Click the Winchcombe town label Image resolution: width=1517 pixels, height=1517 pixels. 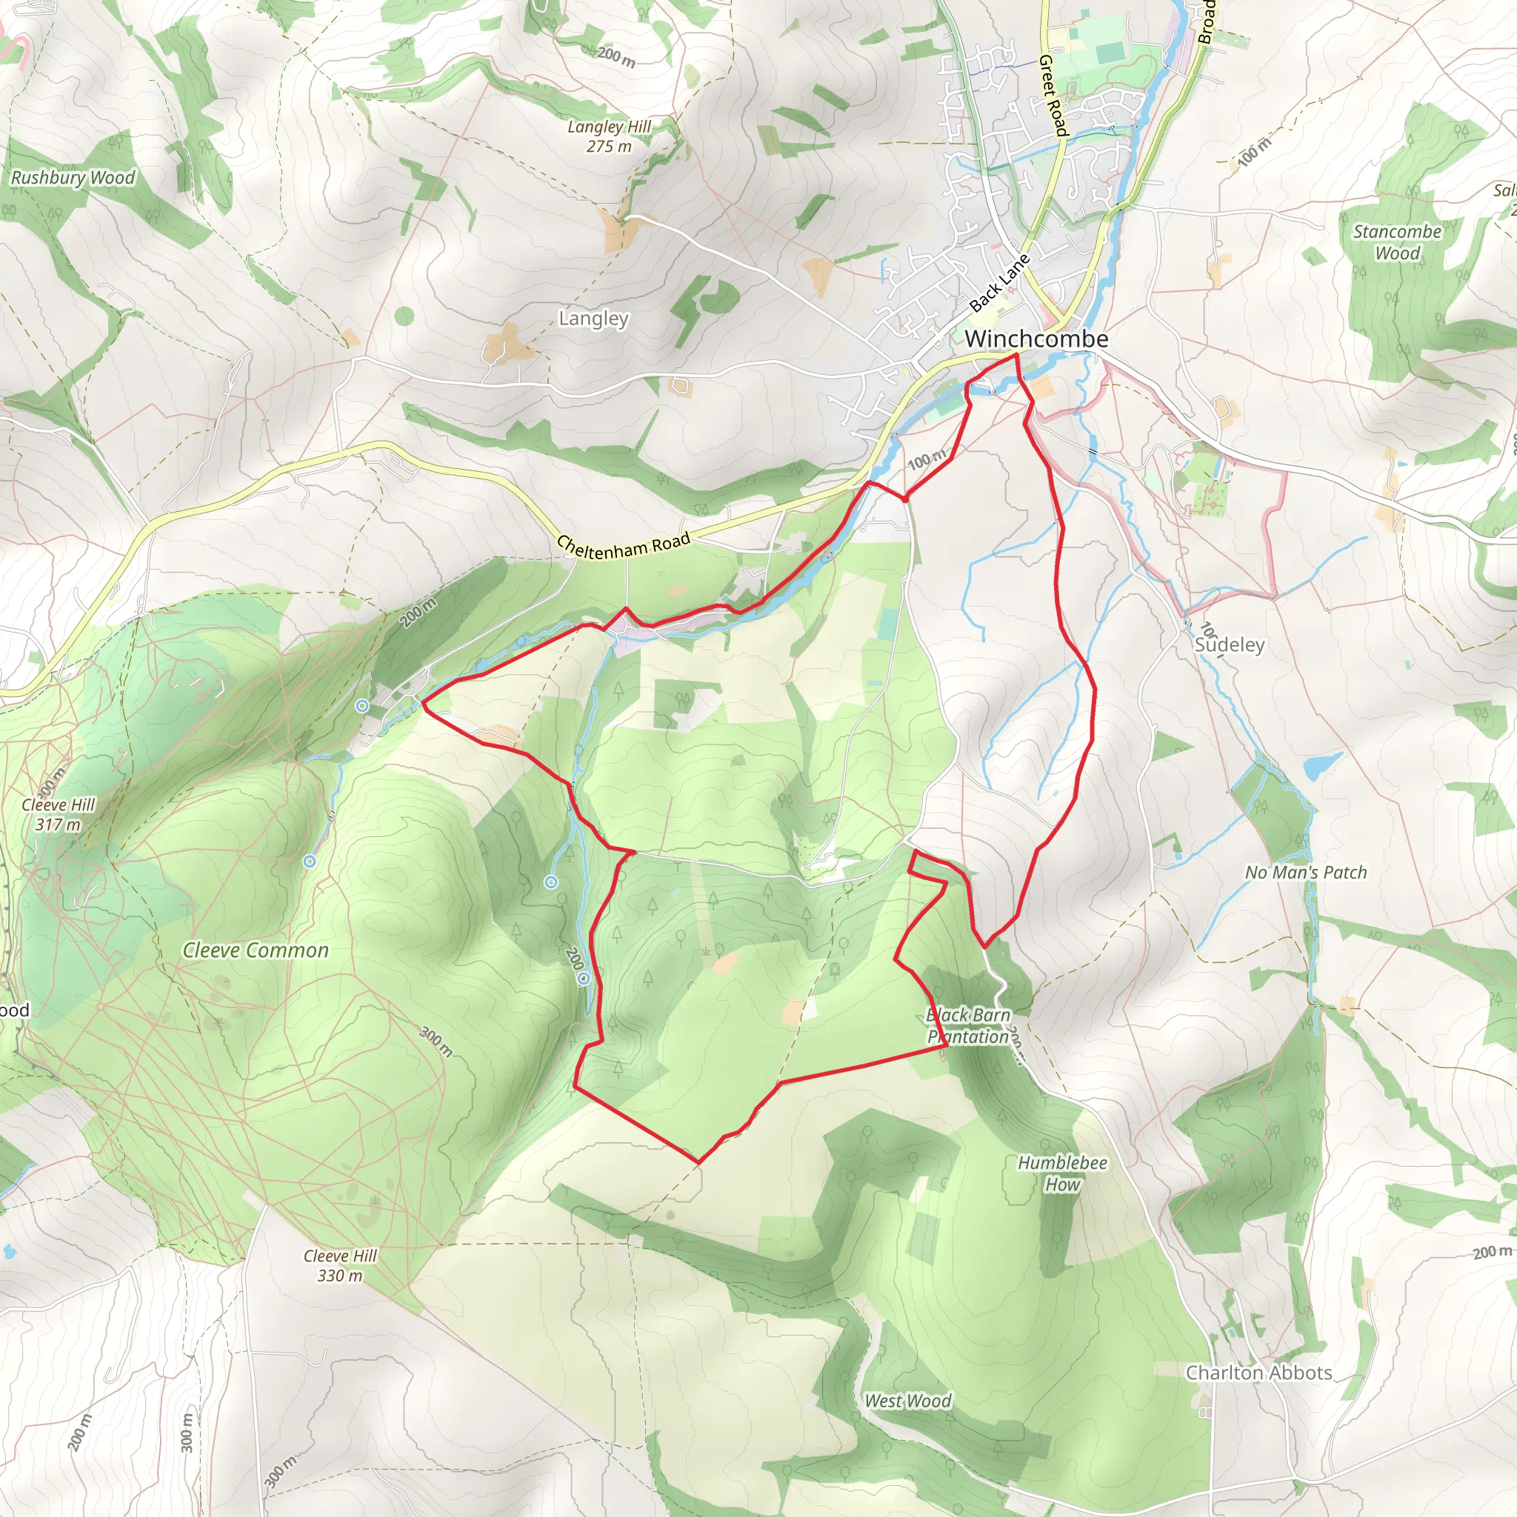click(1036, 339)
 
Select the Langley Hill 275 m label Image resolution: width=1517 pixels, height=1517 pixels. click(610, 136)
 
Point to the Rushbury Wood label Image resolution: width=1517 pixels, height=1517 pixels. click(73, 178)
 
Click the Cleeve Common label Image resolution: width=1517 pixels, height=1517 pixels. click(256, 950)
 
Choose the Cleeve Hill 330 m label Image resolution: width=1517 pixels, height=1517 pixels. click(340, 1266)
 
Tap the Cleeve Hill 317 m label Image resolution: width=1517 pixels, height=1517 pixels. click(57, 814)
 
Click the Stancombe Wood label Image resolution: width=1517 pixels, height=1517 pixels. click(1397, 241)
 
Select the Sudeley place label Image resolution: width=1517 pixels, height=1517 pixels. click(1229, 644)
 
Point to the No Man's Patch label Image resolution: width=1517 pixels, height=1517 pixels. click(1305, 873)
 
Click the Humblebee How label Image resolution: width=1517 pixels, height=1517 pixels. click(1062, 1173)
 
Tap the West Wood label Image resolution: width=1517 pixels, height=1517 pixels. click(907, 1401)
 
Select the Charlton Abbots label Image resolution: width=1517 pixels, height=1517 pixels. click(1258, 1373)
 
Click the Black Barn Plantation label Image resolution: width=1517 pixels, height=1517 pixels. click(968, 1025)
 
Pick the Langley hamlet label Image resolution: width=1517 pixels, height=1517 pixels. click(593, 319)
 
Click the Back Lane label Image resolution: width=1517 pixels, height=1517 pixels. click(998, 284)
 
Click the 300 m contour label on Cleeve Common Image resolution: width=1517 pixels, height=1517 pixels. click(436, 1041)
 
